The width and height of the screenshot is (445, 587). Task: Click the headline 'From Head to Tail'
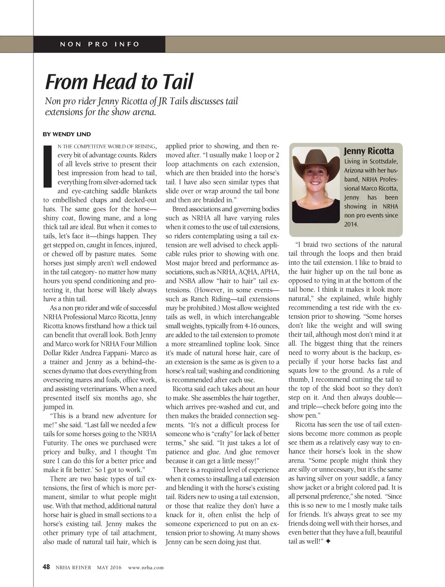coord(119,82)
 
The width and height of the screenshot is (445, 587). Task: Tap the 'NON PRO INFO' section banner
coord(100,44)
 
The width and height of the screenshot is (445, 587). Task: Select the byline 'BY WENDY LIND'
coord(66,134)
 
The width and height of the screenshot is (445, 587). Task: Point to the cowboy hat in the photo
coord(315,161)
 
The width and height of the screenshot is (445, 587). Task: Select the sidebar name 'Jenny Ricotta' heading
coord(369,151)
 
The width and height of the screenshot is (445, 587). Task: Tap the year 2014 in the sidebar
coord(351,224)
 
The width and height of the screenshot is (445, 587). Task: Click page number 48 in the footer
coord(46,567)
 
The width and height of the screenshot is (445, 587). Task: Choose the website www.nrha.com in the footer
coord(146,567)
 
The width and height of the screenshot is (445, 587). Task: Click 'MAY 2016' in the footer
coord(109,567)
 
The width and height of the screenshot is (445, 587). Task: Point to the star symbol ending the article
coord(328,541)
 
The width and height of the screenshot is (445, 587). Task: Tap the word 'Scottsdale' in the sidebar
coord(384,161)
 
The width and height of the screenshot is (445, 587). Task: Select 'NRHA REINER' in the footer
coord(73,567)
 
